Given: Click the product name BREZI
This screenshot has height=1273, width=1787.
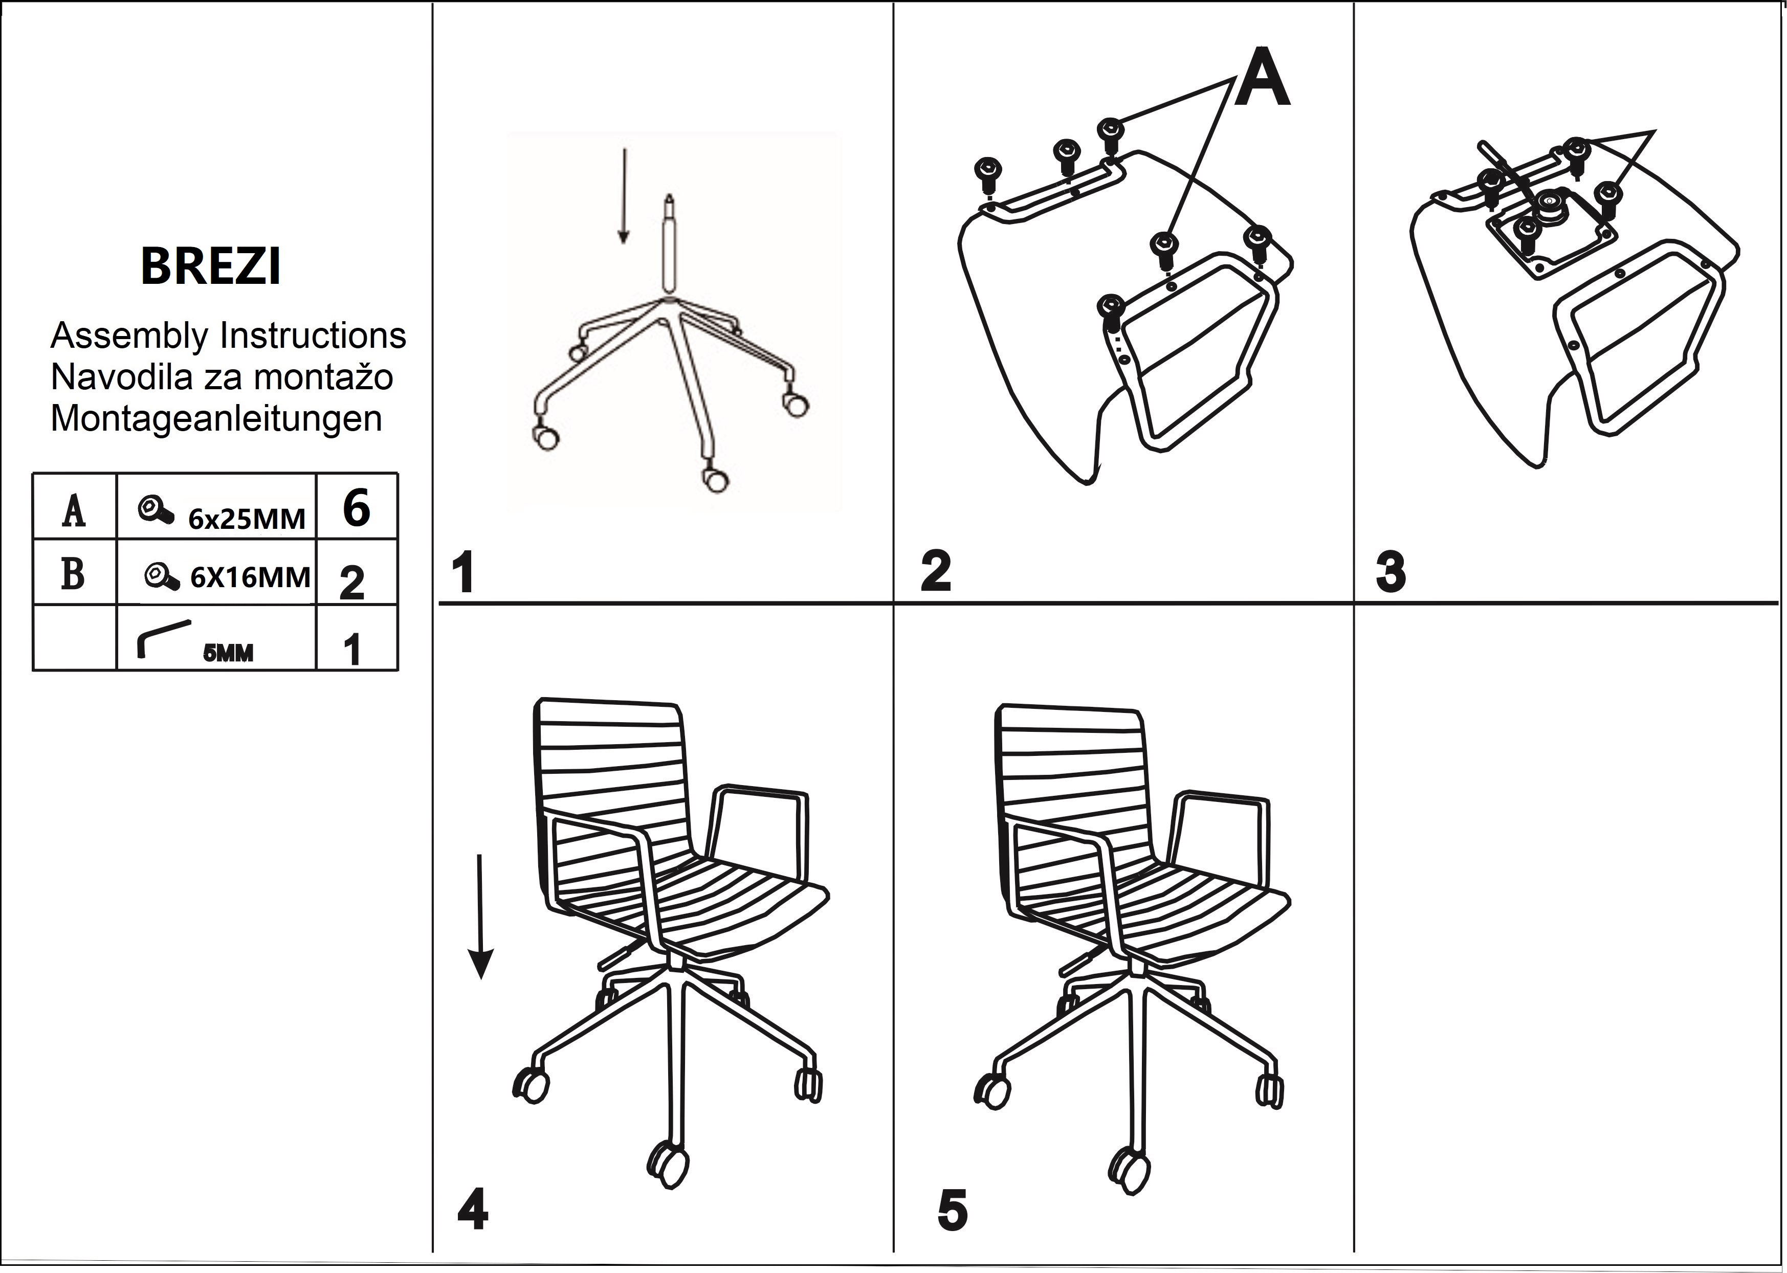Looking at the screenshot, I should pos(210,266).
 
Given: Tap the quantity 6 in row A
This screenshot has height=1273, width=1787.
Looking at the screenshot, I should pos(356,508).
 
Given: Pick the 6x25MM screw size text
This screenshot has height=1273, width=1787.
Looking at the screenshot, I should pos(246,519).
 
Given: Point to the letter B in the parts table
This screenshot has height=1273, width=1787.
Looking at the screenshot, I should pos(73,574).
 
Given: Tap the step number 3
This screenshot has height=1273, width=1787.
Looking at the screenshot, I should pos(1390,573).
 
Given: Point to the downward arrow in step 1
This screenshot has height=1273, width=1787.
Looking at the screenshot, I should pos(623,196).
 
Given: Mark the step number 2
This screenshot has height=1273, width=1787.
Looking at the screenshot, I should pos(935,573).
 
